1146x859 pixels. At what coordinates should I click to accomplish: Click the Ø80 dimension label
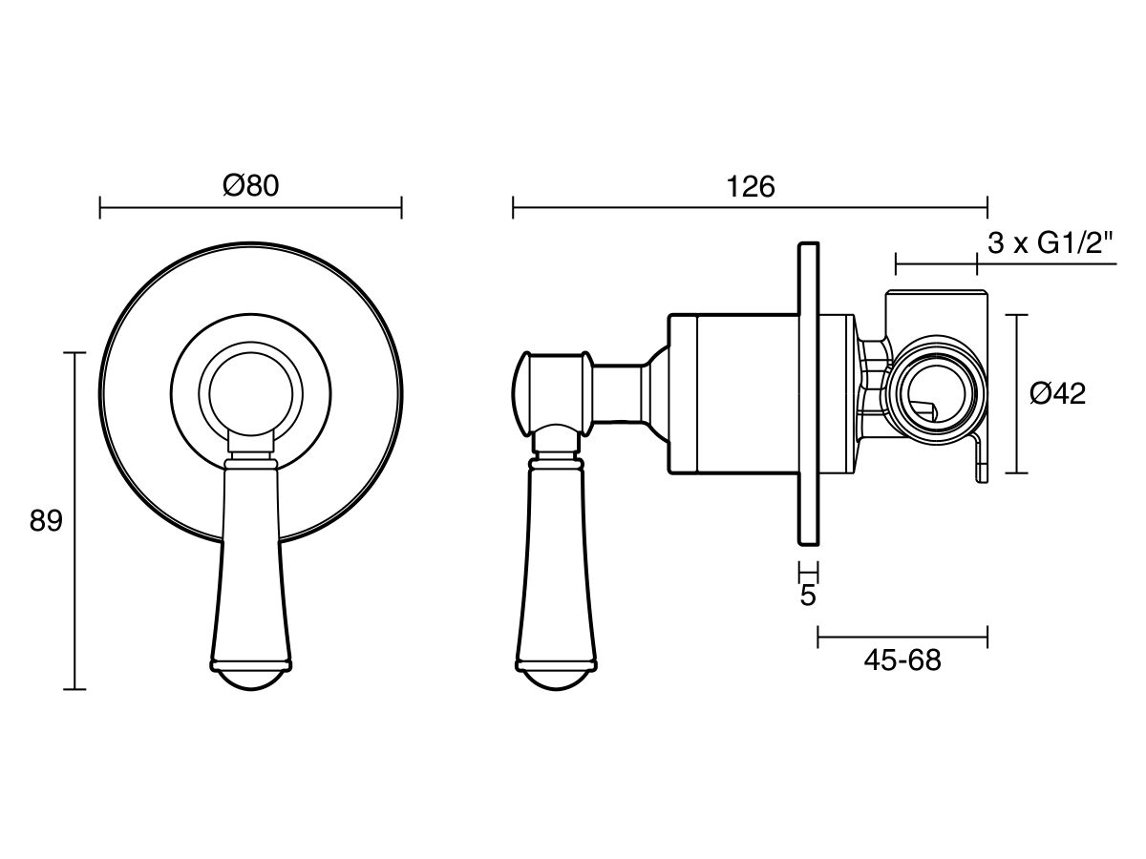coord(251,186)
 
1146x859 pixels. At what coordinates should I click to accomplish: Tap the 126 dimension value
coord(751,187)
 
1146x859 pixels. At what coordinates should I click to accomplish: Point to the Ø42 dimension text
coord(1058,393)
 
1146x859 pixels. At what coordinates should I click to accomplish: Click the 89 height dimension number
coord(46,520)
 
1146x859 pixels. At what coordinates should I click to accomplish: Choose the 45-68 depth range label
coord(902,660)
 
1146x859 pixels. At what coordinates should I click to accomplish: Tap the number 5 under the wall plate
coord(808,596)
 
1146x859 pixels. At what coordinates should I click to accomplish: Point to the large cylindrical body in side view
coord(733,394)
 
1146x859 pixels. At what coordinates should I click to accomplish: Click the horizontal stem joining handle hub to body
coord(619,393)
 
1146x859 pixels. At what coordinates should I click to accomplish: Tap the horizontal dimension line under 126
coord(751,207)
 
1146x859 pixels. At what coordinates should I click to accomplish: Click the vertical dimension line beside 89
coord(75,521)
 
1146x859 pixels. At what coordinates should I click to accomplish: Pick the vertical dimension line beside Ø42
coord(1016,394)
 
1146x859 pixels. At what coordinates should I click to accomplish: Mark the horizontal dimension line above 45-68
coord(902,637)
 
